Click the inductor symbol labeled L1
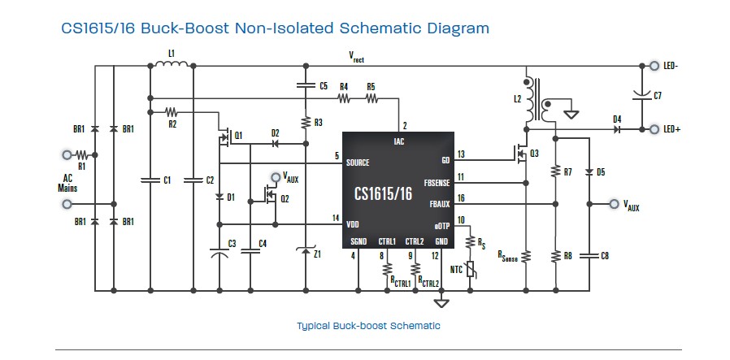coord(171,64)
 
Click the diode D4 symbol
coord(617,129)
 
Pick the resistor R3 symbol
coord(305,123)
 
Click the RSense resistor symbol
coord(526,255)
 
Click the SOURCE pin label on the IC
coord(358,163)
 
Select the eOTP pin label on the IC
coord(440,224)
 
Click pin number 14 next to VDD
coord(335,217)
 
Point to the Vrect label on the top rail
coord(356,58)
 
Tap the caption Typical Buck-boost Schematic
coord(368,326)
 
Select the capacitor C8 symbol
coord(588,255)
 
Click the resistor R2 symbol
coord(172,111)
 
